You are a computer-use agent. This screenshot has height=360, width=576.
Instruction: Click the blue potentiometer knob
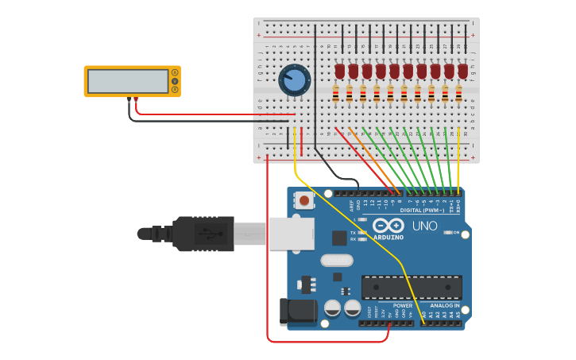[294, 80]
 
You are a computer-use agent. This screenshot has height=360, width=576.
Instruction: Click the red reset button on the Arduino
[304, 200]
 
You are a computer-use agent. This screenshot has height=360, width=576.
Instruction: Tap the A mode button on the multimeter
[175, 73]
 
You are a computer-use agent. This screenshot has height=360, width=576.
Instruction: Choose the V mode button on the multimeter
[175, 81]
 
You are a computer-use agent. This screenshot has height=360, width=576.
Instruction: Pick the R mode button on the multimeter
[175, 89]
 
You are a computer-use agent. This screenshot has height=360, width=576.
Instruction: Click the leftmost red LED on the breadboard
[340, 72]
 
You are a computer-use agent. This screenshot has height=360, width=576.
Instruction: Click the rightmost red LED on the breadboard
[462, 72]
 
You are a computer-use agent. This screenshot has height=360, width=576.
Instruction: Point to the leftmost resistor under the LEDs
[335, 95]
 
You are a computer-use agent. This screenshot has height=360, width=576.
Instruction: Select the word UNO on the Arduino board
[425, 226]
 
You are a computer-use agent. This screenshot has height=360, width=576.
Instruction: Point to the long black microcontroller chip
[412, 287]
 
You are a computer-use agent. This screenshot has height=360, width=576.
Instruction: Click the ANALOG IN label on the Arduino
[445, 306]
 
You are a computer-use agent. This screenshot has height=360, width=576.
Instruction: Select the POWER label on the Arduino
[402, 306]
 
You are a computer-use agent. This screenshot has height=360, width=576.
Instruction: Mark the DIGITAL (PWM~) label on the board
[423, 210]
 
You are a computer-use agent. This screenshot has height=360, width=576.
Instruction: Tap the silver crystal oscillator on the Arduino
[337, 260]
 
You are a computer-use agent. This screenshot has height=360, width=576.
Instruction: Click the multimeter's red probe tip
[136, 100]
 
